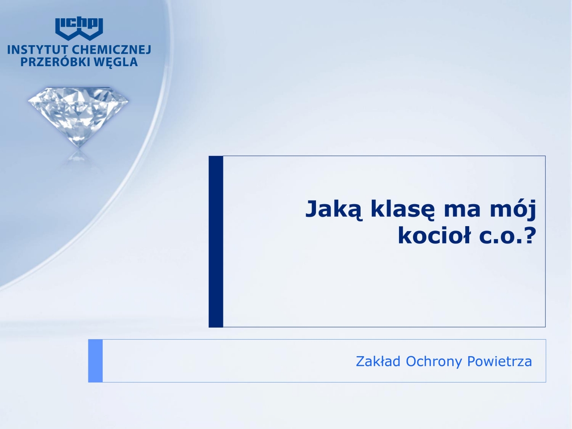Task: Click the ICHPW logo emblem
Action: (79, 29)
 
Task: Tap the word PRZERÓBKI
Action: (55, 62)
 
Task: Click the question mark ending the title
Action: (530, 235)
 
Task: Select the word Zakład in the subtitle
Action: (378, 361)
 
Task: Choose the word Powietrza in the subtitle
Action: (499, 361)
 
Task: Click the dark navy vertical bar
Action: (216, 241)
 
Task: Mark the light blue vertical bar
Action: (95, 361)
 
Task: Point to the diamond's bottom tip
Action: (79, 147)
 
